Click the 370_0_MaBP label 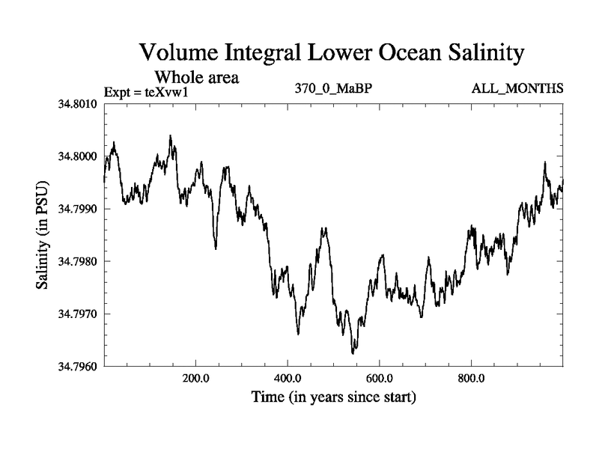pyautogui.click(x=334, y=89)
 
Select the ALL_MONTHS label pyautogui.click(x=518, y=89)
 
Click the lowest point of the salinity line pyautogui.click(x=353, y=352)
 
